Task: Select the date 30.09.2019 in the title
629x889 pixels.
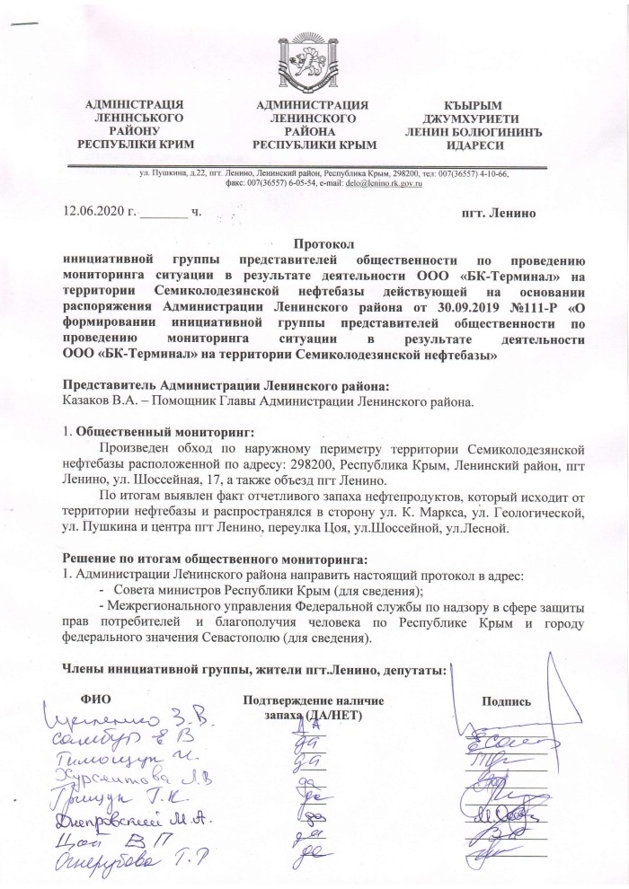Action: point(425,307)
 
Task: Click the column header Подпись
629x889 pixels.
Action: point(509,701)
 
